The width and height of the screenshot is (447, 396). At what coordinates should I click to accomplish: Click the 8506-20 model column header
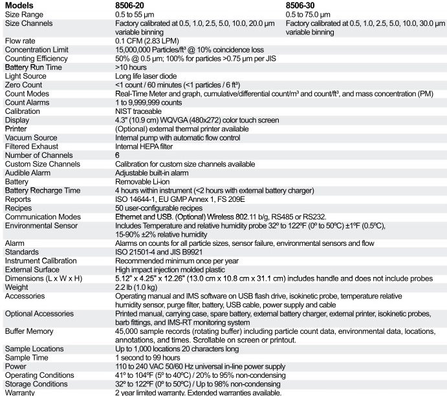(130, 5)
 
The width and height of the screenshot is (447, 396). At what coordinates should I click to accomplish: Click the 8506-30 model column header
(301, 5)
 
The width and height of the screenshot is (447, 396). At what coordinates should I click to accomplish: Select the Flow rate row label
(20, 41)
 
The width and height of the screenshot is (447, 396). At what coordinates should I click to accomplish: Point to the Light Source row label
(25, 76)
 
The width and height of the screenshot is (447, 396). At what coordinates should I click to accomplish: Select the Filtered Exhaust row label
(30, 146)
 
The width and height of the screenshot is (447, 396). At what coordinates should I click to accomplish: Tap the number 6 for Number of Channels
(117, 155)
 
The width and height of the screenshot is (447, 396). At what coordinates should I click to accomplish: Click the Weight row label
(16, 287)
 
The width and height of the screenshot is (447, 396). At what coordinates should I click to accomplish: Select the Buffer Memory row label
(28, 331)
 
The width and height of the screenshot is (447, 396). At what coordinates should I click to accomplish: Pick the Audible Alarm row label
(27, 173)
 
